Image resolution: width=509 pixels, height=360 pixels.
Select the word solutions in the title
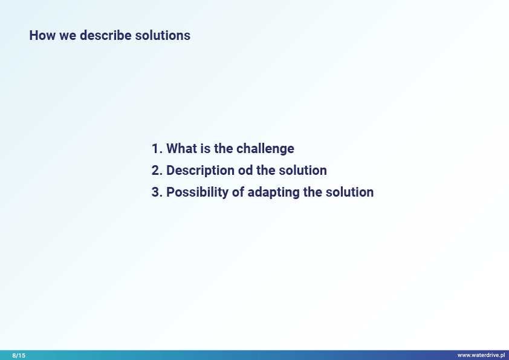click(x=163, y=36)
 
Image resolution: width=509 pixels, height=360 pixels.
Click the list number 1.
click(x=157, y=148)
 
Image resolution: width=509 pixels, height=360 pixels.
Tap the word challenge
click(x=265, y=149)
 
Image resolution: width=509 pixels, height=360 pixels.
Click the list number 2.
click(x=157, y=170)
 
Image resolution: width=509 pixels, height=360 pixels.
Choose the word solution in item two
click(x=303, y=170)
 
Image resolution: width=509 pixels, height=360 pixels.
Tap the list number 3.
click(x=157, y=192)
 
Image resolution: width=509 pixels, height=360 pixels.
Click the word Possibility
click(x=198, y=192)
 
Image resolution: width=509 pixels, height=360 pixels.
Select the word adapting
click(x=274, y=192)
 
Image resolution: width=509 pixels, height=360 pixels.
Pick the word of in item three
click(x=238, y=192)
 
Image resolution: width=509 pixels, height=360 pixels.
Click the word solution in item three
click(x=349, y=192)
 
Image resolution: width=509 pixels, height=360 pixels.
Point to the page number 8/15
click(x=19, y=355)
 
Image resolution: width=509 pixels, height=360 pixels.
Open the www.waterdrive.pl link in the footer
click(x=481, y=355)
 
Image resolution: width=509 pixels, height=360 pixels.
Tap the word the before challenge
click(x=224, y=148)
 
